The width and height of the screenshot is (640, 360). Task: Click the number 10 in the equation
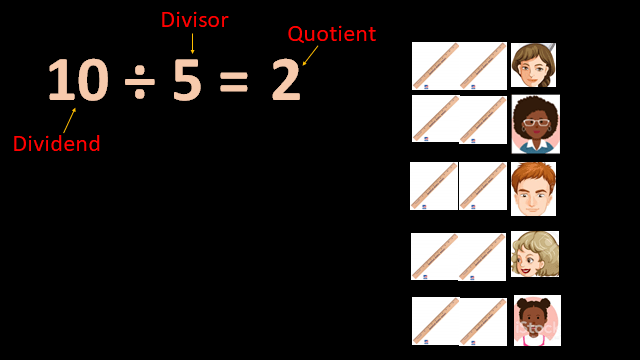pos(77,80)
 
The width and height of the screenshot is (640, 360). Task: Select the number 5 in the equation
pos(187,80)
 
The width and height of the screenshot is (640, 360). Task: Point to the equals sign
pos(233,83)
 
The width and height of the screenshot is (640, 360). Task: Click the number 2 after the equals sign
pos(285,81)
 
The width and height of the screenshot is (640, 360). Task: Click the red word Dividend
pos(57,144)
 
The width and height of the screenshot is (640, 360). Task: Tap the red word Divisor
pos(194,20)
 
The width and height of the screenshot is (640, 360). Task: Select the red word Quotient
pos(331,34)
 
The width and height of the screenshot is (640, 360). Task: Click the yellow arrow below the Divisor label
pos(192,42)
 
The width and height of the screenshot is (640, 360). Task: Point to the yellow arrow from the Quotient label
pos(309,55)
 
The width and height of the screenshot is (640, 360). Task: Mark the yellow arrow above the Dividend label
pos(69,120)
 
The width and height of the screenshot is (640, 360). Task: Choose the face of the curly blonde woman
pos(534,254)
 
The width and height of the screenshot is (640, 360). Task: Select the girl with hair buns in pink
pos(536,320)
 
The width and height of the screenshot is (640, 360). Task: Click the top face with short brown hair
pos(532,65)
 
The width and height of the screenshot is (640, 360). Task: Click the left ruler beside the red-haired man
pos(434,186)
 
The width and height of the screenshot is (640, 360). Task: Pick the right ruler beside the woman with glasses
pos(483,120)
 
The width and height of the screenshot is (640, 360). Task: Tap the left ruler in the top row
pos(435,66)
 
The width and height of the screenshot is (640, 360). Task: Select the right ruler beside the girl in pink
pos(483,322)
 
